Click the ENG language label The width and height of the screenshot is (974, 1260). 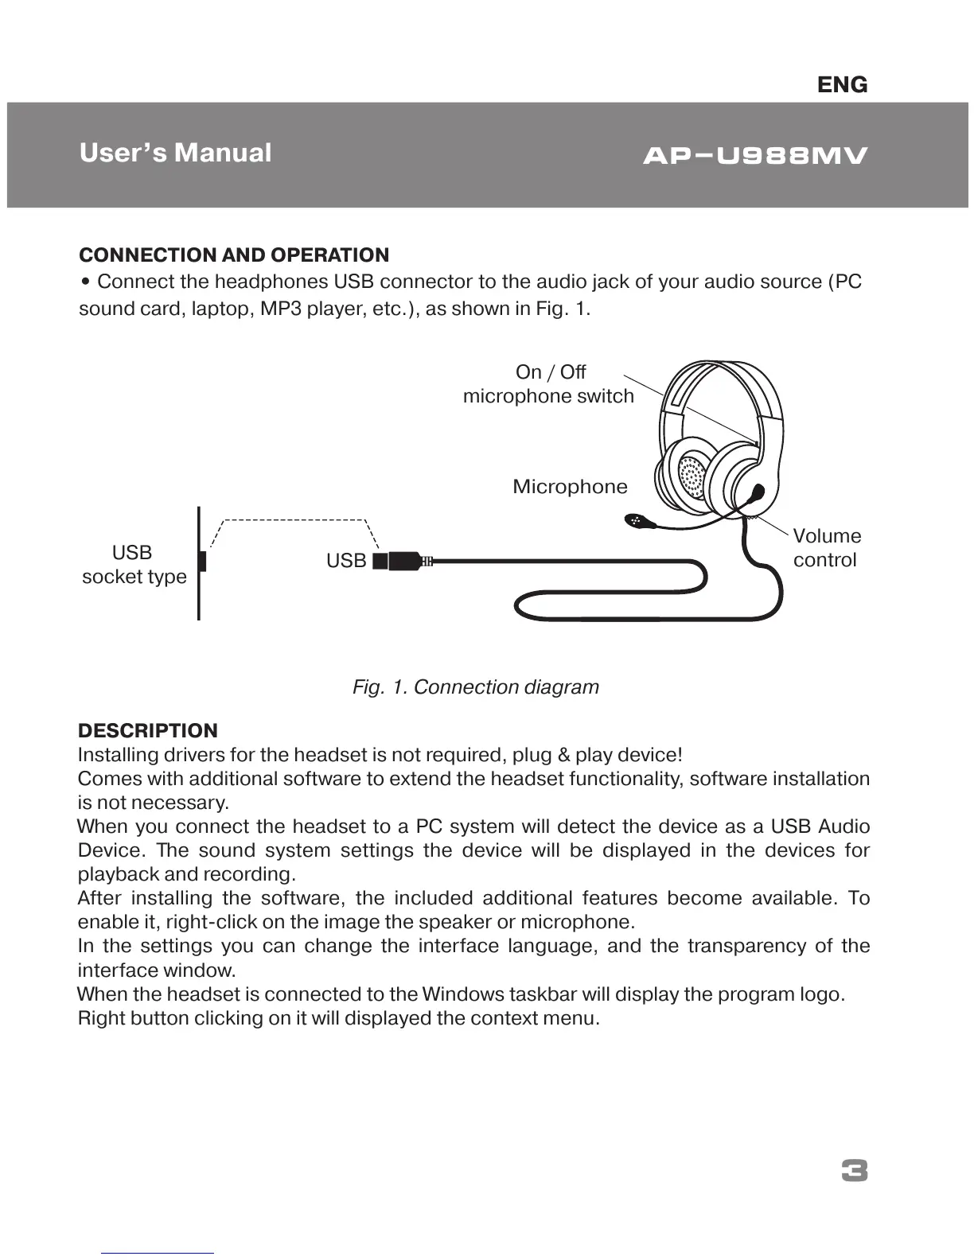(842, 84)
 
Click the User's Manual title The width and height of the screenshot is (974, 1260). (175, 153)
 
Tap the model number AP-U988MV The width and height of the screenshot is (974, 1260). (754, 156)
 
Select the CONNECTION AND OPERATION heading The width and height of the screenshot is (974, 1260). (234, 255)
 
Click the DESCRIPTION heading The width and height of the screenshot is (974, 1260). (147, 731)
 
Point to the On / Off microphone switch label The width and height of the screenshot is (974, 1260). (549, 384)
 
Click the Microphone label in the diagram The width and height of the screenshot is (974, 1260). (570, 487)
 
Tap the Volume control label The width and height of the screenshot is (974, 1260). (827, 548)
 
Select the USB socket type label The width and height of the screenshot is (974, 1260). (134, 565)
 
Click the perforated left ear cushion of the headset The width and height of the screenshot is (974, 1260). (692, 478)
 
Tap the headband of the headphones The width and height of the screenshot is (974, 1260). (720, 382)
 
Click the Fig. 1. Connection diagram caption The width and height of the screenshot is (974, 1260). (476, 687)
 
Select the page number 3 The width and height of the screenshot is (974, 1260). (854, 1172)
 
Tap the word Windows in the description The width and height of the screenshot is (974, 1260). (463, 994)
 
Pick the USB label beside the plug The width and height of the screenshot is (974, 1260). (346, 561)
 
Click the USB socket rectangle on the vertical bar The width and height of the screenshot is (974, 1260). (203, 561)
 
